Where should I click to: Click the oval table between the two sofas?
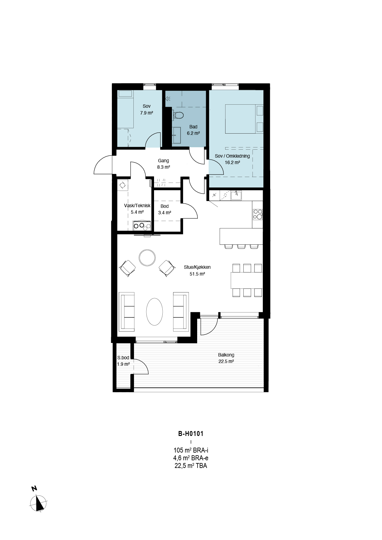pos(155,312)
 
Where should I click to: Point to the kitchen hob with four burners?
pos(258,214)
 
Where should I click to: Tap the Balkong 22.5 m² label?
pos(226,358)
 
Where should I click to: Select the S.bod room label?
pos(123,358)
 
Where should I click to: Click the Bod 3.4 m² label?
pos(165,209)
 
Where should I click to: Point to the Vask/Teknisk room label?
pos(137,206)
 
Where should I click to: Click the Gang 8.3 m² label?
pos(163,164)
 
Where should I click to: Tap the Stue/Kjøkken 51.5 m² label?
pos(197,270)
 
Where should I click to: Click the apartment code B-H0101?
pos(191,434)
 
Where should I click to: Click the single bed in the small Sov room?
pos(125,109)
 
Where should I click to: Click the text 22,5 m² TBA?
pos(191,466)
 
